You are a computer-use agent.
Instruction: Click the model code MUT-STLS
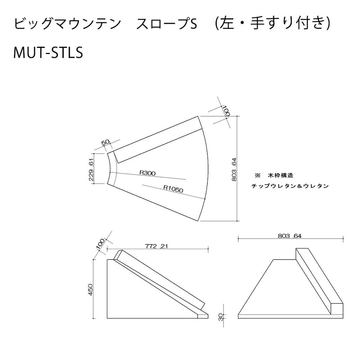[x=48, y=53]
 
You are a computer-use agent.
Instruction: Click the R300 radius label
[x=147, y=173]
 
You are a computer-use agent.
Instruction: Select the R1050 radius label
[x=173, y=189]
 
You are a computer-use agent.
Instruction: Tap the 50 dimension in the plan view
[x=105, y=142]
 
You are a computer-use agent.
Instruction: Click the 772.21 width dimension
[x=156, y=246]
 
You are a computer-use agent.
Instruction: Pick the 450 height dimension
[x=90, y=289]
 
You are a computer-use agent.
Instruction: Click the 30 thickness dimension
[x=221, y=318]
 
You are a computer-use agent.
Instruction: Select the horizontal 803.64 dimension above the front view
[x=289, y=236]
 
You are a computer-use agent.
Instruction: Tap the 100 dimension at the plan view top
[x=225, y=111]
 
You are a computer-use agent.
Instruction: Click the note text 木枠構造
[x=280, y=176]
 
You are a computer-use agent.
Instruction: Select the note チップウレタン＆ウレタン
[x=290, y=186]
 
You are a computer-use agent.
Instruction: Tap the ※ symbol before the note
[x=258, y=176]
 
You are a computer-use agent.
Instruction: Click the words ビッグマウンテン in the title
[x=67, y=24]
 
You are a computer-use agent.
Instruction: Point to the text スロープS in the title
[x=167, y=24]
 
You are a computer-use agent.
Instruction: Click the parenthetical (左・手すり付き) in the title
[x=273, y=24]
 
